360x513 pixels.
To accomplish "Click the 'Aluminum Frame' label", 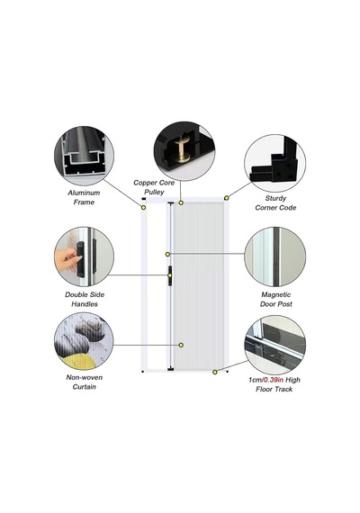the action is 84,197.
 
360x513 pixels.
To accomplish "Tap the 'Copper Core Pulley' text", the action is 154,187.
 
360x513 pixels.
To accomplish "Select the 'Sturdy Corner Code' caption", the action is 275,202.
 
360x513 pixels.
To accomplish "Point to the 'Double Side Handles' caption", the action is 85,299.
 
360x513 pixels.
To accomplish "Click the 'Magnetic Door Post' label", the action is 276,299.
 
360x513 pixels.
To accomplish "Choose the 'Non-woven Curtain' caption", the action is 85,382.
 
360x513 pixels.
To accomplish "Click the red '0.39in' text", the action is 274,380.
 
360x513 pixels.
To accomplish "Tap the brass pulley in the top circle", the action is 183,149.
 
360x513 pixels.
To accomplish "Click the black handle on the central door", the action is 170,275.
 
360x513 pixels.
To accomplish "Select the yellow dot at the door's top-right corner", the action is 226,198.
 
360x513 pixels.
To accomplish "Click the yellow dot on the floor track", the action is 215,372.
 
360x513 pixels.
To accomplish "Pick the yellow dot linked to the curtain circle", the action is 181,345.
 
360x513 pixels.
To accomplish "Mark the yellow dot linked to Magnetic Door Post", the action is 167,254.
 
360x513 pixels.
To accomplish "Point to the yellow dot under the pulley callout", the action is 181,202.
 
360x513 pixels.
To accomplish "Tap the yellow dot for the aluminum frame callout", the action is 143,207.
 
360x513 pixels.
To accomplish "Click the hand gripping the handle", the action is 67,259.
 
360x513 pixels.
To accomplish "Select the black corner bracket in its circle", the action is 274,163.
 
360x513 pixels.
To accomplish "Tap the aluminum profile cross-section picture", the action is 84,156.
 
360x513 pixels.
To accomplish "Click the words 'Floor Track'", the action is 274,389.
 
